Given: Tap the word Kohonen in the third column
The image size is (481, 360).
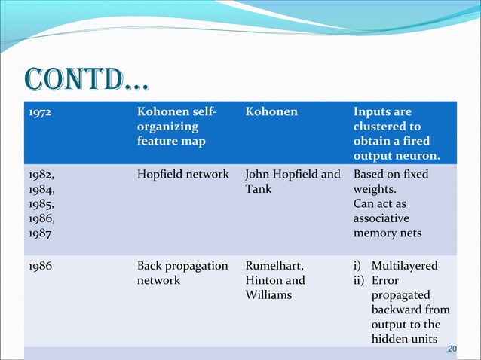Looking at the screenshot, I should (x=271, y=112).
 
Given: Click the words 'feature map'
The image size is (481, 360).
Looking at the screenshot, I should (x=170, y=141).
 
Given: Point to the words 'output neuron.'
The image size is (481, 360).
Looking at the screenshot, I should (x=397, y=156).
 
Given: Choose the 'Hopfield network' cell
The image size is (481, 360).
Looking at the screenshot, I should (x=183, y=174).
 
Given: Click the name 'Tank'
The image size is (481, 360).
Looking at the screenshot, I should (x=258, y=189).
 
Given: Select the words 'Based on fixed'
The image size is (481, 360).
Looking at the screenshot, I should (x=391, y=174).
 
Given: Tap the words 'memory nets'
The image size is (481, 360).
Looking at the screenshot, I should (x=388, y=233).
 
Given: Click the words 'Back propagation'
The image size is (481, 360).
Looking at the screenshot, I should (x=182, y=266).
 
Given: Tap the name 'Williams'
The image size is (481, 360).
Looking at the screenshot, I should (x=269, y=295).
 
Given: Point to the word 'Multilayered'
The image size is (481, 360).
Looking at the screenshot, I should (x=404, y=266).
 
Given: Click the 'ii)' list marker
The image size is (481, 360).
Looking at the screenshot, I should (x=360, y=280).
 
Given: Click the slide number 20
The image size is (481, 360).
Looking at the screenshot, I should (x=452, y=349).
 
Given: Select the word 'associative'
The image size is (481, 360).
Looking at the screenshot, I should (x=381, y=218).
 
